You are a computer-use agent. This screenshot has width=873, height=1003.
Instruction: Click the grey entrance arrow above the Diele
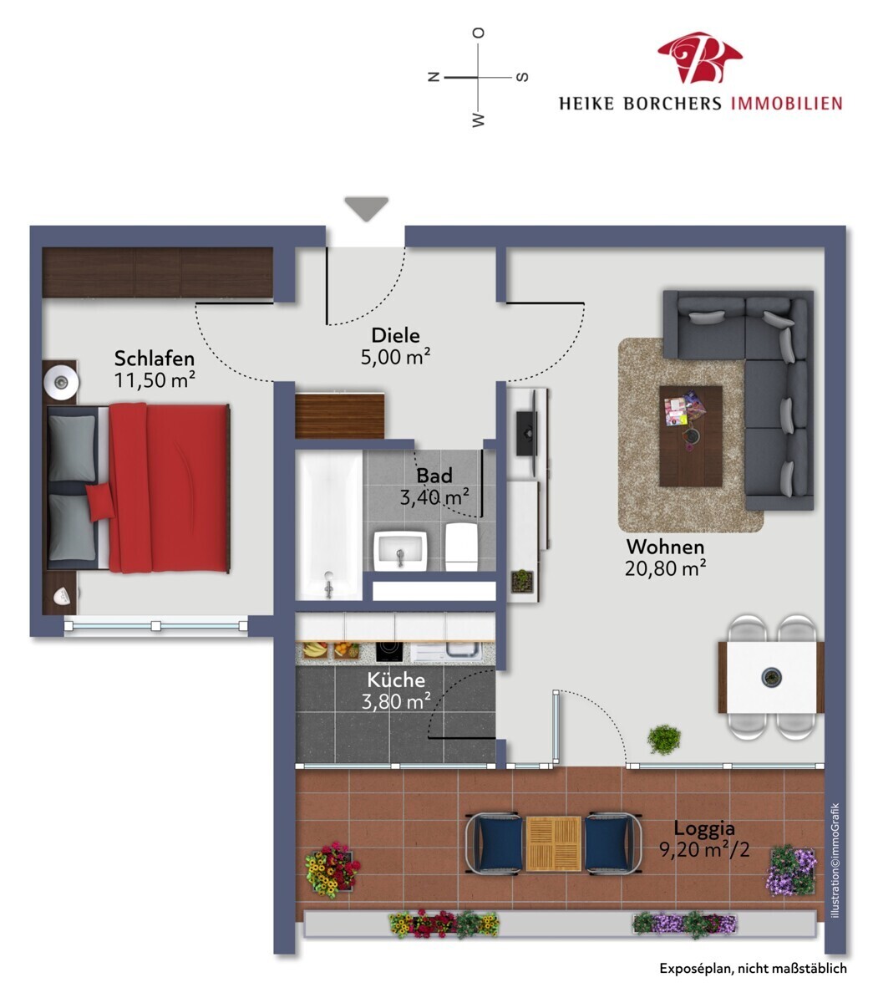366,208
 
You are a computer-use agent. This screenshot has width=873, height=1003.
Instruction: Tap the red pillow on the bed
100,501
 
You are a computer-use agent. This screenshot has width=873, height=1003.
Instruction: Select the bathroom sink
400,550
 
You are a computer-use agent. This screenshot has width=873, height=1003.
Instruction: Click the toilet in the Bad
461,546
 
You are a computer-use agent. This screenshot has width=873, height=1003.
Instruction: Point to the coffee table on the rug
690,435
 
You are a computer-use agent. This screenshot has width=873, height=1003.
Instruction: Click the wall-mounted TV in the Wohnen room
526,433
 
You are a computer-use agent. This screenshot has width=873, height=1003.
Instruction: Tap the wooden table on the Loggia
553,843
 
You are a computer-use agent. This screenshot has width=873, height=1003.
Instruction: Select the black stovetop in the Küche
389,651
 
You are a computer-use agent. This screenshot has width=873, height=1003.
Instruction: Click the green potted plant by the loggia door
664,739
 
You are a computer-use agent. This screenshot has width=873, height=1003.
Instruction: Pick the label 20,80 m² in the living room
665,568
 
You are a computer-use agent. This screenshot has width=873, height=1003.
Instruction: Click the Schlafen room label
155,359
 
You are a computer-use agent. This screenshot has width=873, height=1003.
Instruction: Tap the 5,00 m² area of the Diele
395,357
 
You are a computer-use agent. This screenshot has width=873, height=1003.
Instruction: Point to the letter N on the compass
434,77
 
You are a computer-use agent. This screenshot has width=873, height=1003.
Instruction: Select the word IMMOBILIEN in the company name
786,104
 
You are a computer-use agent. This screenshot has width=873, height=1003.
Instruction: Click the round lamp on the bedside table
61,382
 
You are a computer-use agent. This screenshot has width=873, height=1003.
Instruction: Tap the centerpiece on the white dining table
772,677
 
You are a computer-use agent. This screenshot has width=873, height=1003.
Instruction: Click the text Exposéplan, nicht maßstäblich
753,968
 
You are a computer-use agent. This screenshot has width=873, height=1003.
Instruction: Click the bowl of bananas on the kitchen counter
314,649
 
